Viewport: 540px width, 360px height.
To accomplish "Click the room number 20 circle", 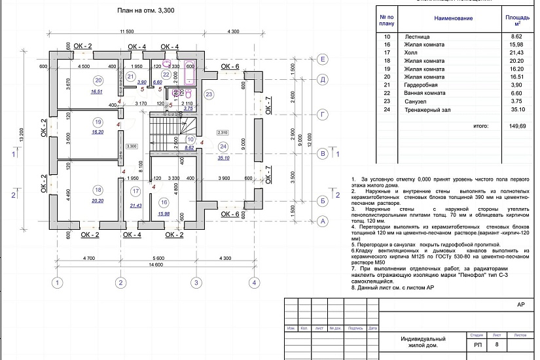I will point(98,81).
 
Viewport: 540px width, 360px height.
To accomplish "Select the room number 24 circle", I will point(223,146).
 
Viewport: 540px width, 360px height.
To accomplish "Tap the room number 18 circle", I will point(98,190).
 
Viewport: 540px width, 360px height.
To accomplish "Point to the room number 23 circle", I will point(209,95).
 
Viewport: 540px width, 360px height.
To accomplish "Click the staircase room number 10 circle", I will point(190,139).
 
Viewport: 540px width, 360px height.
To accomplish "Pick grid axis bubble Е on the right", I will point(322,60).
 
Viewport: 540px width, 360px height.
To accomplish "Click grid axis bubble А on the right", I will point(322,221).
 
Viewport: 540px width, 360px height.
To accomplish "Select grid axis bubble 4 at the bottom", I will point(253,283).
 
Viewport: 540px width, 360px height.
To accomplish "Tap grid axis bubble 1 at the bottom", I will point(58,283).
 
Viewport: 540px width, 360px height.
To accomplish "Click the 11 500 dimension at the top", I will point(126,31).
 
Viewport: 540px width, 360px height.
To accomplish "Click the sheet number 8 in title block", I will point(497,344).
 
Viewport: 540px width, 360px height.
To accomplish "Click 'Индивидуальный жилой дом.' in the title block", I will point(423,342).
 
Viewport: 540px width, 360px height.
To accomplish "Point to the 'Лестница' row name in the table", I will point(417,37).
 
